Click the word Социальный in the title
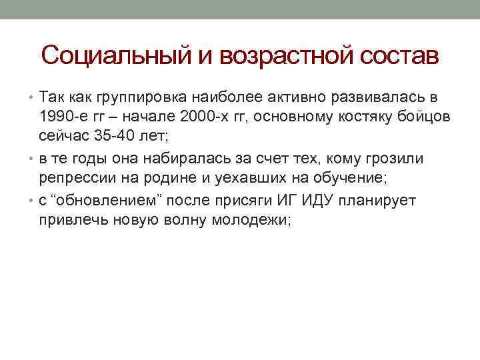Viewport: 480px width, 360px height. click(117, 55)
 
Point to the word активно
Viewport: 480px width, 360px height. click(277, 99)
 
